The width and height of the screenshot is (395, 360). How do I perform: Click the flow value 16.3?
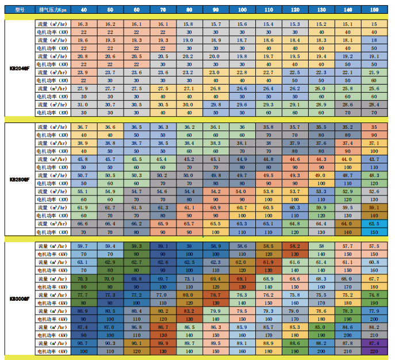83,24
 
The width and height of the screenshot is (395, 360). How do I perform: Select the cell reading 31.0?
83,105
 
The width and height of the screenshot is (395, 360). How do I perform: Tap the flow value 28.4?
374,105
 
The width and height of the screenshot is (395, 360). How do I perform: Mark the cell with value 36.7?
83,127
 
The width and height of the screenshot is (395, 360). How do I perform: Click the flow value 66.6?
83,223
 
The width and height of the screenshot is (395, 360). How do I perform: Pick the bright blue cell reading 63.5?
374,223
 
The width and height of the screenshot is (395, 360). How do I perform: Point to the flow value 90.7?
83,343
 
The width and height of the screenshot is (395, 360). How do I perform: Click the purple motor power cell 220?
374,351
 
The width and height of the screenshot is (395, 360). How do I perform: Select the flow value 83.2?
189,311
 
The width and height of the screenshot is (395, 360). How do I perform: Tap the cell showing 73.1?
189,278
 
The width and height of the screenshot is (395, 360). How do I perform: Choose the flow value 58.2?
295,246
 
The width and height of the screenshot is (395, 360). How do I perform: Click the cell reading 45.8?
83,159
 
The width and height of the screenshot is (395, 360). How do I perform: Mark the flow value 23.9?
83,72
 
